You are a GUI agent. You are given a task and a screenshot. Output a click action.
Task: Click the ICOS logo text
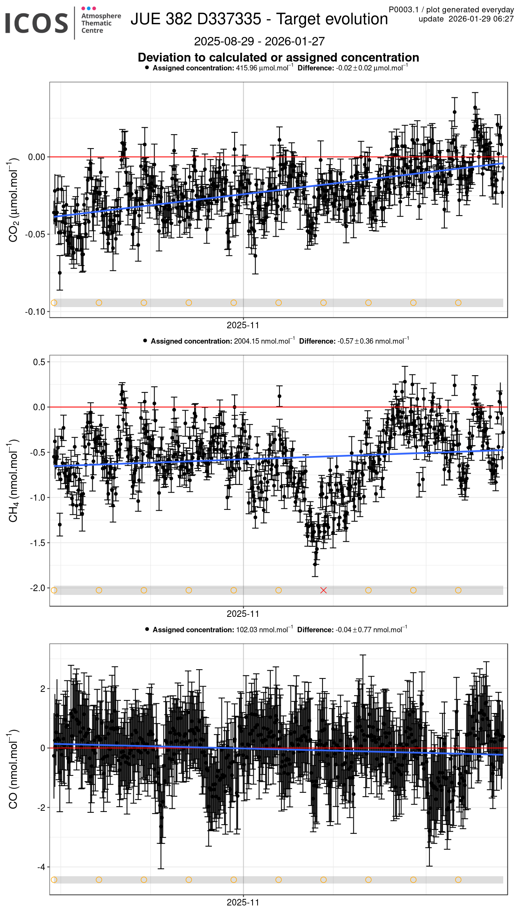[37, 23]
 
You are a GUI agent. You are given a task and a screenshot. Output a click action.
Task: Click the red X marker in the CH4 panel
[323, 590]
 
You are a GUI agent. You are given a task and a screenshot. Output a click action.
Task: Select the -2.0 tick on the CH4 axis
[37, 588]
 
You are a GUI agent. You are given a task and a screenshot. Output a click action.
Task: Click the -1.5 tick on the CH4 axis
[37, 543]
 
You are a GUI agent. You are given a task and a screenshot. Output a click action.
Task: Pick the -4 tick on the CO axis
[41, 867]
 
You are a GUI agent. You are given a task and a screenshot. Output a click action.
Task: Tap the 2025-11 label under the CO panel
[243, 902]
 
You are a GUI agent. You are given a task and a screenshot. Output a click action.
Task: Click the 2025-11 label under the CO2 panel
[243, 325]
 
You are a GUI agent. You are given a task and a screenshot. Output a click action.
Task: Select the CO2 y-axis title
[13, 200]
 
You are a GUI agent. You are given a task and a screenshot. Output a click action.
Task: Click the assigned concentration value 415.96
[246, 68]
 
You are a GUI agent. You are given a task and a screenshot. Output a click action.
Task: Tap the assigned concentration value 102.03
[247, 630]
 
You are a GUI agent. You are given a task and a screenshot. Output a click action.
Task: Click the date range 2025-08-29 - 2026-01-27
[259, 41]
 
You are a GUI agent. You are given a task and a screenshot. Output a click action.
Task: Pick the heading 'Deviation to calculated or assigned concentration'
[278, 57]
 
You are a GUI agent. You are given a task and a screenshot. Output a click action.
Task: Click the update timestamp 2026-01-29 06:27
[481, 19]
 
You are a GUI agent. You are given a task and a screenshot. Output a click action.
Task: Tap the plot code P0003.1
[403, 10]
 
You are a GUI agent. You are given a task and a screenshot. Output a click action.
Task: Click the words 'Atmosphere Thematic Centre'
[101, 23]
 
